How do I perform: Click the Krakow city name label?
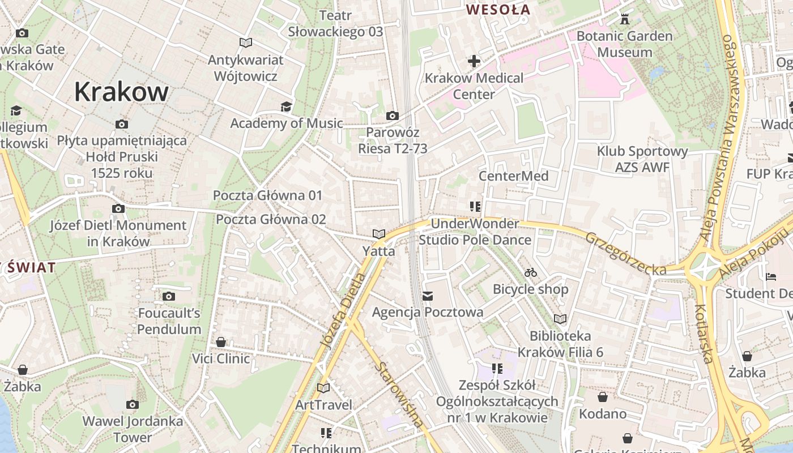121,92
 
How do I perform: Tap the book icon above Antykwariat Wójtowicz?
245,42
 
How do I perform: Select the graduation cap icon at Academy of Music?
286,106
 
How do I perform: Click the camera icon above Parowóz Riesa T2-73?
392,116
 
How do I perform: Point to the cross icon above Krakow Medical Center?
474,61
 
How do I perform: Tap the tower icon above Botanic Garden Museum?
625,19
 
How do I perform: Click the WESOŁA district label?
498,10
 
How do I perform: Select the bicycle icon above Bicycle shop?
530,272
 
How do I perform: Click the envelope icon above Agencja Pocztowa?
428,296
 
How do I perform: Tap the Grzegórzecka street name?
625,254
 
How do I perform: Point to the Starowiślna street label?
399,395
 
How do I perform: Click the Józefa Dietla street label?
343,310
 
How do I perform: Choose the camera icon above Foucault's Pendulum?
168,296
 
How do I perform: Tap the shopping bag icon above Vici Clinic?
221,342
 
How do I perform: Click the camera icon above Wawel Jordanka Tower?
133,404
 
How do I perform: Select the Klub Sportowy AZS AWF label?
642,159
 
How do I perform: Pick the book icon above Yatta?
378,234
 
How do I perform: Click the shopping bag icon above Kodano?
603,397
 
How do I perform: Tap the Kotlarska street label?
703,334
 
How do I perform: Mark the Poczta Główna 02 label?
271,219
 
